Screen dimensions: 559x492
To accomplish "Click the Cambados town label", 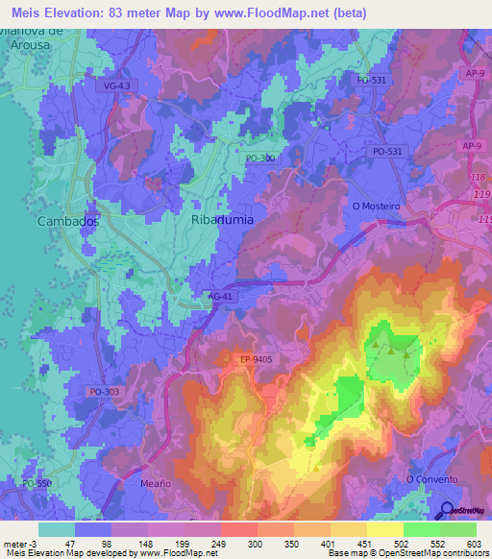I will click(x=67, y=220).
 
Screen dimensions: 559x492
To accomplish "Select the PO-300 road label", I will click(x=259, y=158).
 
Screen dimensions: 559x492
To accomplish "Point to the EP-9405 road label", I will click(x=258, y=359).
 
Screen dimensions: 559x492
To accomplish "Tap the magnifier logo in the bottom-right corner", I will click(x=448, y=511).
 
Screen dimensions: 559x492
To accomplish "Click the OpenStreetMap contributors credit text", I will click(x=431, y=553).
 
